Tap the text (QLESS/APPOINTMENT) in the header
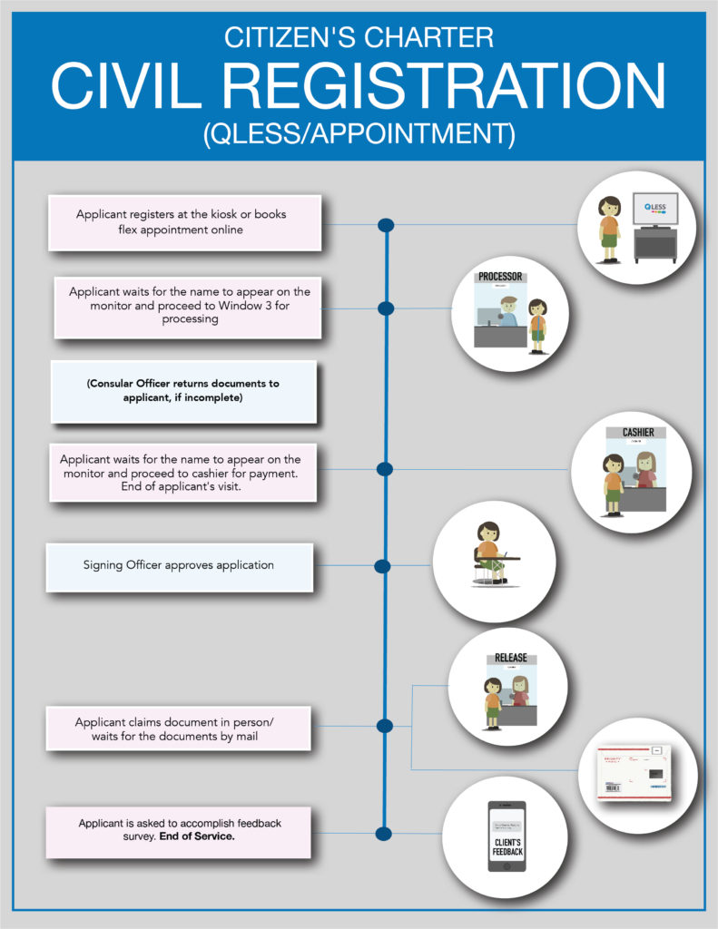(x=359, y=133)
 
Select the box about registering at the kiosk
(x=185, y=222)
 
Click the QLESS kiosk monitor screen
(x=654, y=210)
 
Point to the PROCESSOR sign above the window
(x=500, y=276)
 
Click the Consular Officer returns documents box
(x=183, y=391)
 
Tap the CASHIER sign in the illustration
(x=638, y=433)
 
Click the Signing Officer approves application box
(x=180, y=566)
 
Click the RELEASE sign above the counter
(x=511, y=658)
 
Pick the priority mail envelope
(x=634, y=773)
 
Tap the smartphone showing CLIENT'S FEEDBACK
(x=507, y=836)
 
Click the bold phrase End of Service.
(x=196, y=836)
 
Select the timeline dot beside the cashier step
(x=384, y=469)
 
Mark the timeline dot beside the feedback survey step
(x=383, y=834)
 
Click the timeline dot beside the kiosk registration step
(x=386, y=224)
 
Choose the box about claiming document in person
(x=179, y=729)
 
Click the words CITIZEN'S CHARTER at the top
(x=359, y=37)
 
